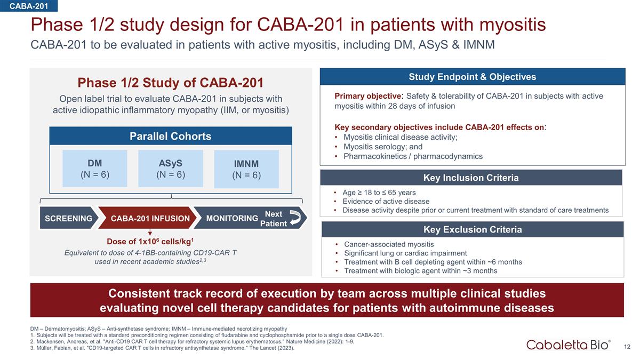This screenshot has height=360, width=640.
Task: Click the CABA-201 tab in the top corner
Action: click(29, 6)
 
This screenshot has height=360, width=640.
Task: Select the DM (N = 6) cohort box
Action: click(95, 169)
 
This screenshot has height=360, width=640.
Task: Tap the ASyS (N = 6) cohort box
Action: click(170, 169)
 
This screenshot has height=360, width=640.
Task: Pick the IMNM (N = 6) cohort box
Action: click(246, 169)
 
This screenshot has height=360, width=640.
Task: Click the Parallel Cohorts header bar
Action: click(171, 136)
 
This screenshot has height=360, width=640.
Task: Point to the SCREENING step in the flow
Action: click(68, 218)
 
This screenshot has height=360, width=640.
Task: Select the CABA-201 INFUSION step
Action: click(150, 218)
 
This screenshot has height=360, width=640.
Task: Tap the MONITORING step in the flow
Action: click(231, 218)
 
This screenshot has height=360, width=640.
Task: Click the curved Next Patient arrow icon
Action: click(297, 218)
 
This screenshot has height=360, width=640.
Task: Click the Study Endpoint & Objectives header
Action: click(471, 77)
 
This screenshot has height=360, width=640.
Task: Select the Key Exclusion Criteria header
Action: click(472, 229)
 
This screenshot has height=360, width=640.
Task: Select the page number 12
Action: click(627, 347)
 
